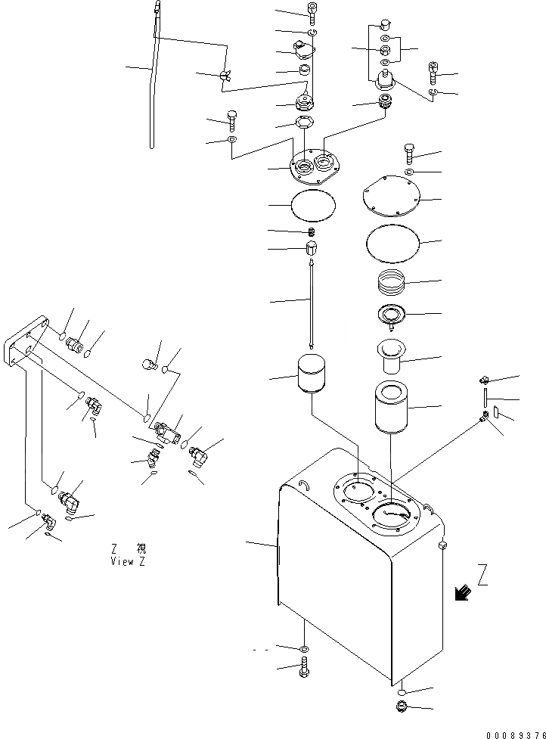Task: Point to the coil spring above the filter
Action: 392,284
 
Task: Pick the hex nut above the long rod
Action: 311,248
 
